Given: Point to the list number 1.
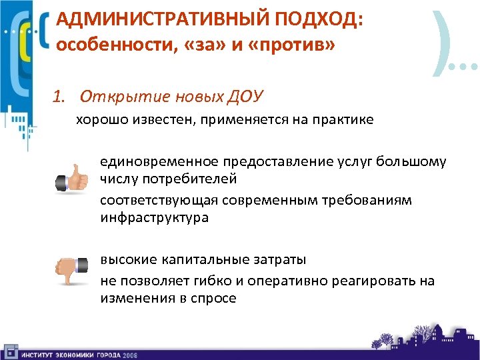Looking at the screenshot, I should (x=59, y=97).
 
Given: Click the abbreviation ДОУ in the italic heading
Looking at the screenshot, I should (x=245, y=97).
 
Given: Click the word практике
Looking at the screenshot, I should (x=343, y=121).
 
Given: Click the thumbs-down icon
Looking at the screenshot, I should (x=72, y=270).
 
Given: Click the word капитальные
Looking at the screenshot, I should (x=197, y=259).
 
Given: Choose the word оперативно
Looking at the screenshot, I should (x=281, y=281).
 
